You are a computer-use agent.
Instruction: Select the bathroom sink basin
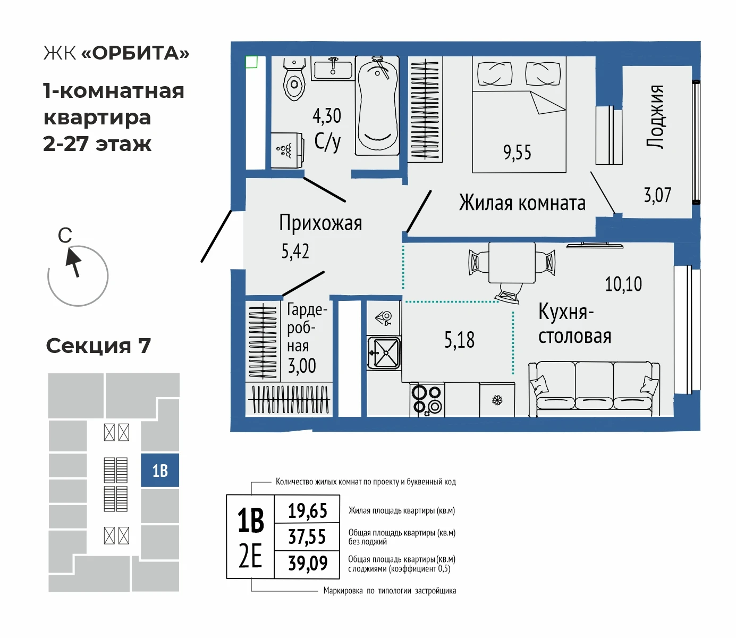(333, 69)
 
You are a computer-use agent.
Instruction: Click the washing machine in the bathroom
(287, 150)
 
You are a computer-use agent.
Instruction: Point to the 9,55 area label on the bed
(517, 152)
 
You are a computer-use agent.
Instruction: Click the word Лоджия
(655, 117)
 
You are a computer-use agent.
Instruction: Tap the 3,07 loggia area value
(657, 195)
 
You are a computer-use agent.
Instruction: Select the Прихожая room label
(320, 223)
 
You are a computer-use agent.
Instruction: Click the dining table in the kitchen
(512, 263)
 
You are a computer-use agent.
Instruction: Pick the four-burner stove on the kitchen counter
(427, 399)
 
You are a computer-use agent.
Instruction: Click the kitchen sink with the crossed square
(384, 353)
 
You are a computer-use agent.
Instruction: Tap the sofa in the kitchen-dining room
(594, 389)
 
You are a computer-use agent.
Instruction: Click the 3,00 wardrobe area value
(302, 366)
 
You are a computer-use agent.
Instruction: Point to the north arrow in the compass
(73, 263)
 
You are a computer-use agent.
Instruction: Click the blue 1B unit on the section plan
(160, 470)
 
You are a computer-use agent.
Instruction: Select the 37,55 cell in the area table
(307, 536)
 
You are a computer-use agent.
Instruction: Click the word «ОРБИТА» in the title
(136, 53)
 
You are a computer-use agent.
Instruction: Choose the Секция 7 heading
(99, 346)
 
